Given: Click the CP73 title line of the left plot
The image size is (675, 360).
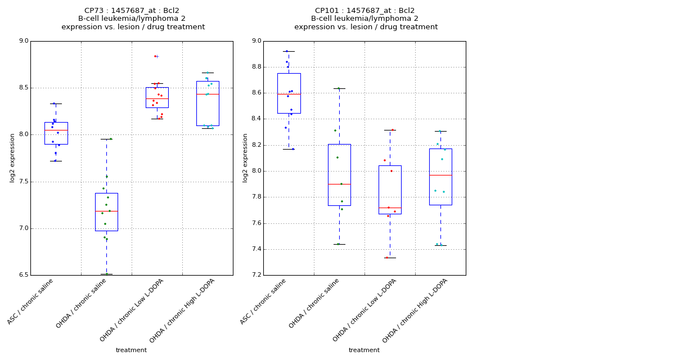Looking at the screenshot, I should coord(132,11).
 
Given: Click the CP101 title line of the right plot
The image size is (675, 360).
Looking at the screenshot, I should coord(364,11).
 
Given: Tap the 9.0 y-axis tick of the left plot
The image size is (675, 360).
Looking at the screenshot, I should coord(23,41).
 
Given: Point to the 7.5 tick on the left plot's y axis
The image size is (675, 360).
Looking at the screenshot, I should coord(23,182).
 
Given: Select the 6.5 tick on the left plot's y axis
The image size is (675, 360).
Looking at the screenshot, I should coord(23,275).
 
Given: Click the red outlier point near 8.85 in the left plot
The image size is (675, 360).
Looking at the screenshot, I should coord(155,56).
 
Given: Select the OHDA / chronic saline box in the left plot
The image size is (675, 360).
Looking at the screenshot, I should coord(106,212).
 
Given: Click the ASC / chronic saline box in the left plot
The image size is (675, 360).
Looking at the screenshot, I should coord(56,133).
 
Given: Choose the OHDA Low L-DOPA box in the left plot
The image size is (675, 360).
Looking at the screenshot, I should coord(157,97).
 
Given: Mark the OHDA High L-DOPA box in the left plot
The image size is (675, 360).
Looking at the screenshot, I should coord(208,103).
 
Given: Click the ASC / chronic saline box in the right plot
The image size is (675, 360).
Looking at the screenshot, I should coord(289,93).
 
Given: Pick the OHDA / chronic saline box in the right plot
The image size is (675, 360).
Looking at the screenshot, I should coord(339,175).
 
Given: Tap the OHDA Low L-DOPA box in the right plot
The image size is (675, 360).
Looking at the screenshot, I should coord(390,190).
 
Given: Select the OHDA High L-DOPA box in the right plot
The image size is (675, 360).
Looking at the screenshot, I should coord(440,177).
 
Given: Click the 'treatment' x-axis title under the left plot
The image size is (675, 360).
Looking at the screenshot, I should coord(131,350).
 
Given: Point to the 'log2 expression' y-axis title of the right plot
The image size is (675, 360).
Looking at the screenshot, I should coord(245,157).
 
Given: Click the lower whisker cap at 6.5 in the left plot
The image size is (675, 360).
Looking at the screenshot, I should coord(106,274).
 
